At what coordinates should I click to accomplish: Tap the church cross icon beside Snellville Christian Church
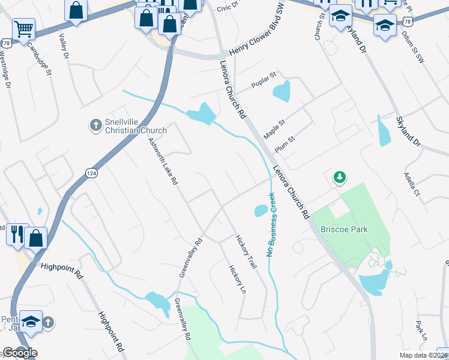tap(94, 125)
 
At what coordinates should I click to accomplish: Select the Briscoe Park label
tap(344, 229)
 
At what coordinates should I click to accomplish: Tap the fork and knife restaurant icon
tap(17, 232)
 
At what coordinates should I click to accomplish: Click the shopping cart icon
tap(23, 28)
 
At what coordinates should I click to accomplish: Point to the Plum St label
tap(284, 143)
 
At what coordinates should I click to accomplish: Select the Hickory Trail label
tap(246, 251)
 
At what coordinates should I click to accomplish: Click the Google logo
tap(20, 353)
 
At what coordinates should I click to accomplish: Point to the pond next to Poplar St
tap(281, 92)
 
